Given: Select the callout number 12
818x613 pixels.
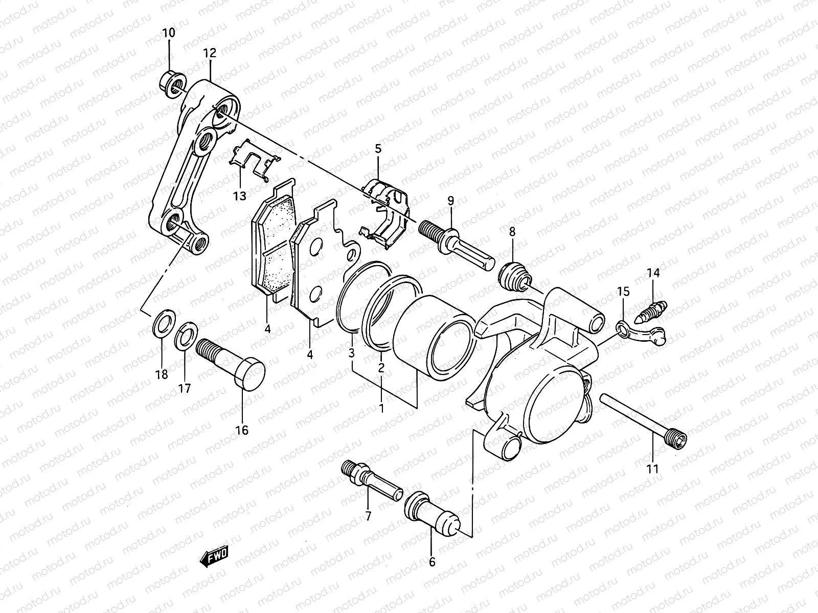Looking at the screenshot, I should point(210,53).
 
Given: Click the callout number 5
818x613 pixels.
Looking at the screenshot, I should point(378,149).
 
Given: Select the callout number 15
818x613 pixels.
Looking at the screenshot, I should point(623,292).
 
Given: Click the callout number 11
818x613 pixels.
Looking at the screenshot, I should point(652,468).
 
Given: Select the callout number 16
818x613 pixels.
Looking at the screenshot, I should point(242,430).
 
